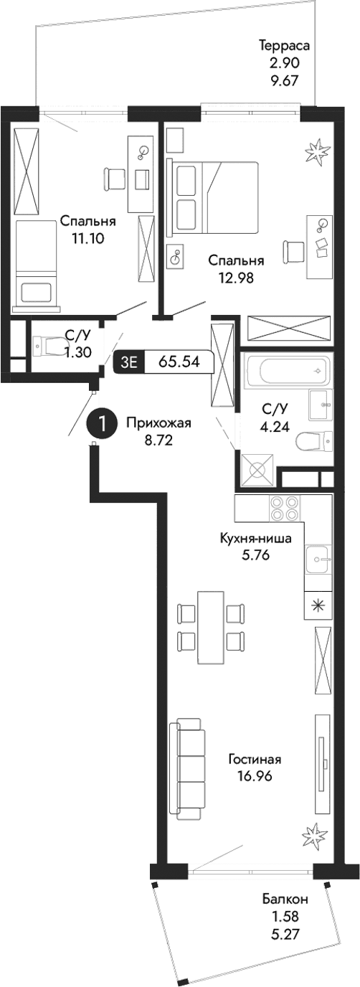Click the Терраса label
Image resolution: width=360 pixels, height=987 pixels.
[284, 46]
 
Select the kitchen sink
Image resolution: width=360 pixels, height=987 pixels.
[318, 559]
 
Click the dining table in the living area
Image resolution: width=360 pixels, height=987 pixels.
[211, 628]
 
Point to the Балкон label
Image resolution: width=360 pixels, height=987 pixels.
[285, 899]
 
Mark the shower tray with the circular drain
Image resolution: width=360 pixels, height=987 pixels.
[258, 471]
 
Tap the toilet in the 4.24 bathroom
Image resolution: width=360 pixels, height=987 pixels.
[314, 440]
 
